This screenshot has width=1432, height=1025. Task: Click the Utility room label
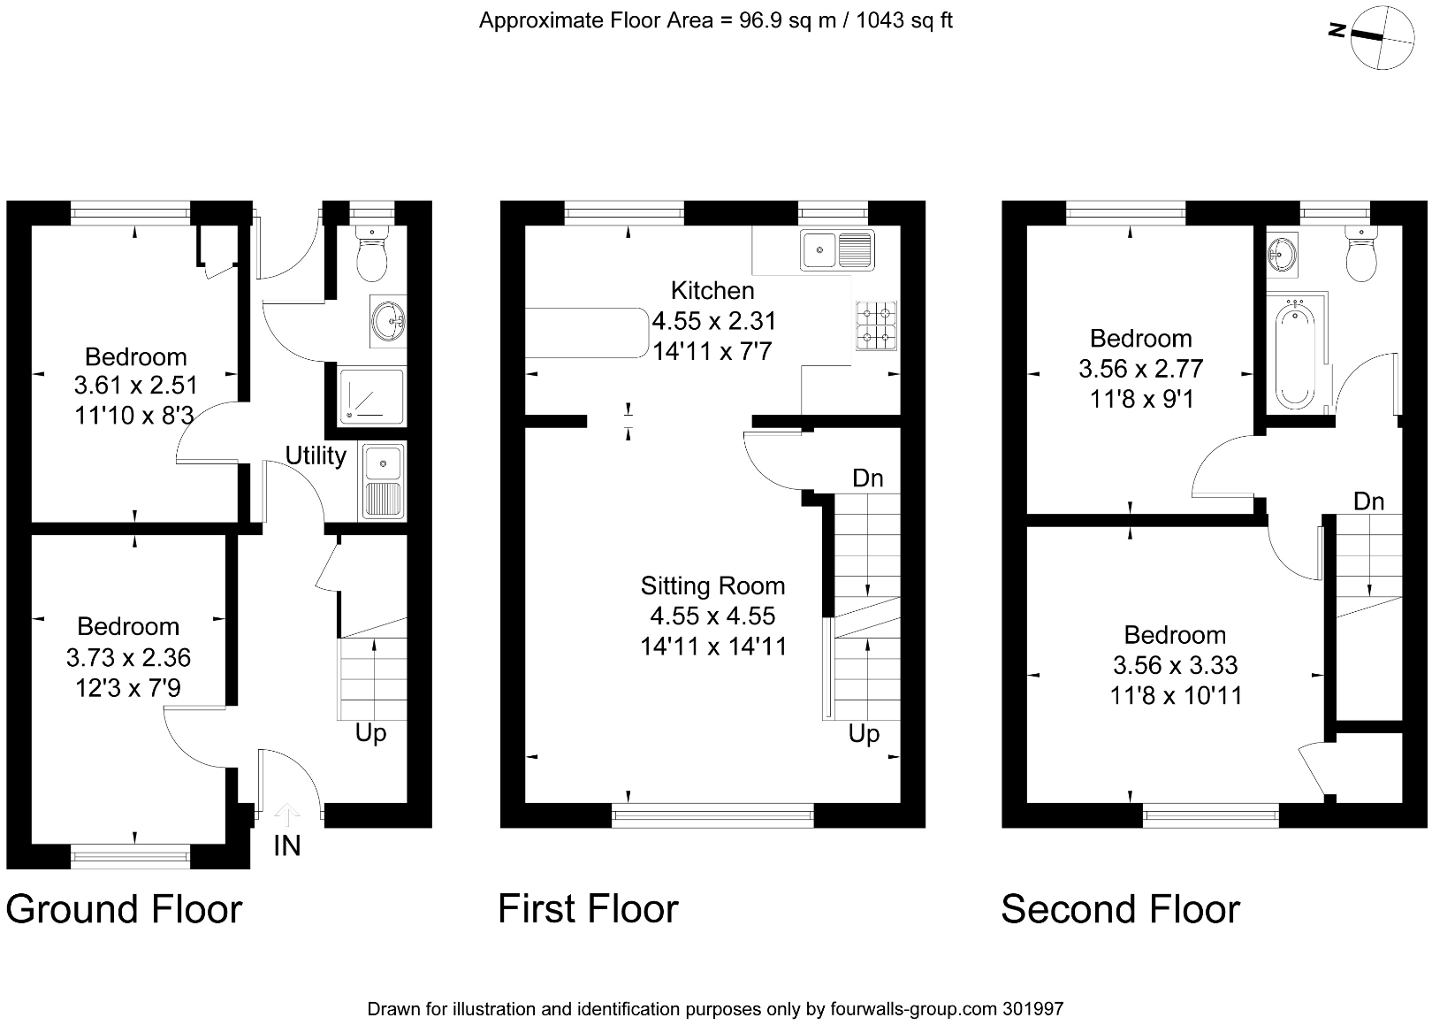(x=316, y=456)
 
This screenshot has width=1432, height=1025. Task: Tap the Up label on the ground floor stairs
(x=370, y=733)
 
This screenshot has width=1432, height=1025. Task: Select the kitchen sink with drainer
(x=836, y=249)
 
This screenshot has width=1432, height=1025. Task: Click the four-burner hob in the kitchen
(x=876, y=325)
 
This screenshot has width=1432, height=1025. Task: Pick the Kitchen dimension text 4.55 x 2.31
(x=713, y=321)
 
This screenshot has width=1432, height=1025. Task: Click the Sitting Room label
(x=712, y=586)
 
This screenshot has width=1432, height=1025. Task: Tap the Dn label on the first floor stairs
(x=867, y=478)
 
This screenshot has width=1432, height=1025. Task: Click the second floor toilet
(x=1360, y=255)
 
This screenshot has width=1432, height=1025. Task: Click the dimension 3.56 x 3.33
(x=1175, y=665)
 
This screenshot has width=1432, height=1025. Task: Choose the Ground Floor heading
(x=124, y=909)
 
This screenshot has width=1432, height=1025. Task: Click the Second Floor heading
(x=1120, y=909)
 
